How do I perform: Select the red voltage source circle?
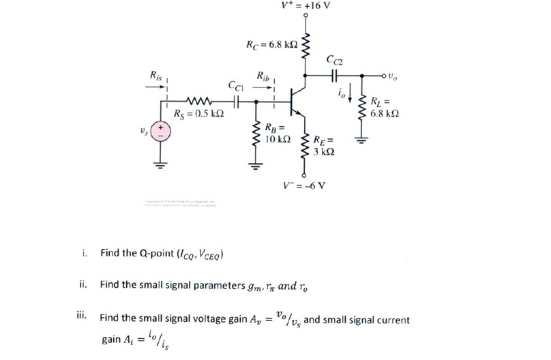161,132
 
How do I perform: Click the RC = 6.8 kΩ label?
271,45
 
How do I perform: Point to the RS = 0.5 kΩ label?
199,113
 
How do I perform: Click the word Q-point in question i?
140,254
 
